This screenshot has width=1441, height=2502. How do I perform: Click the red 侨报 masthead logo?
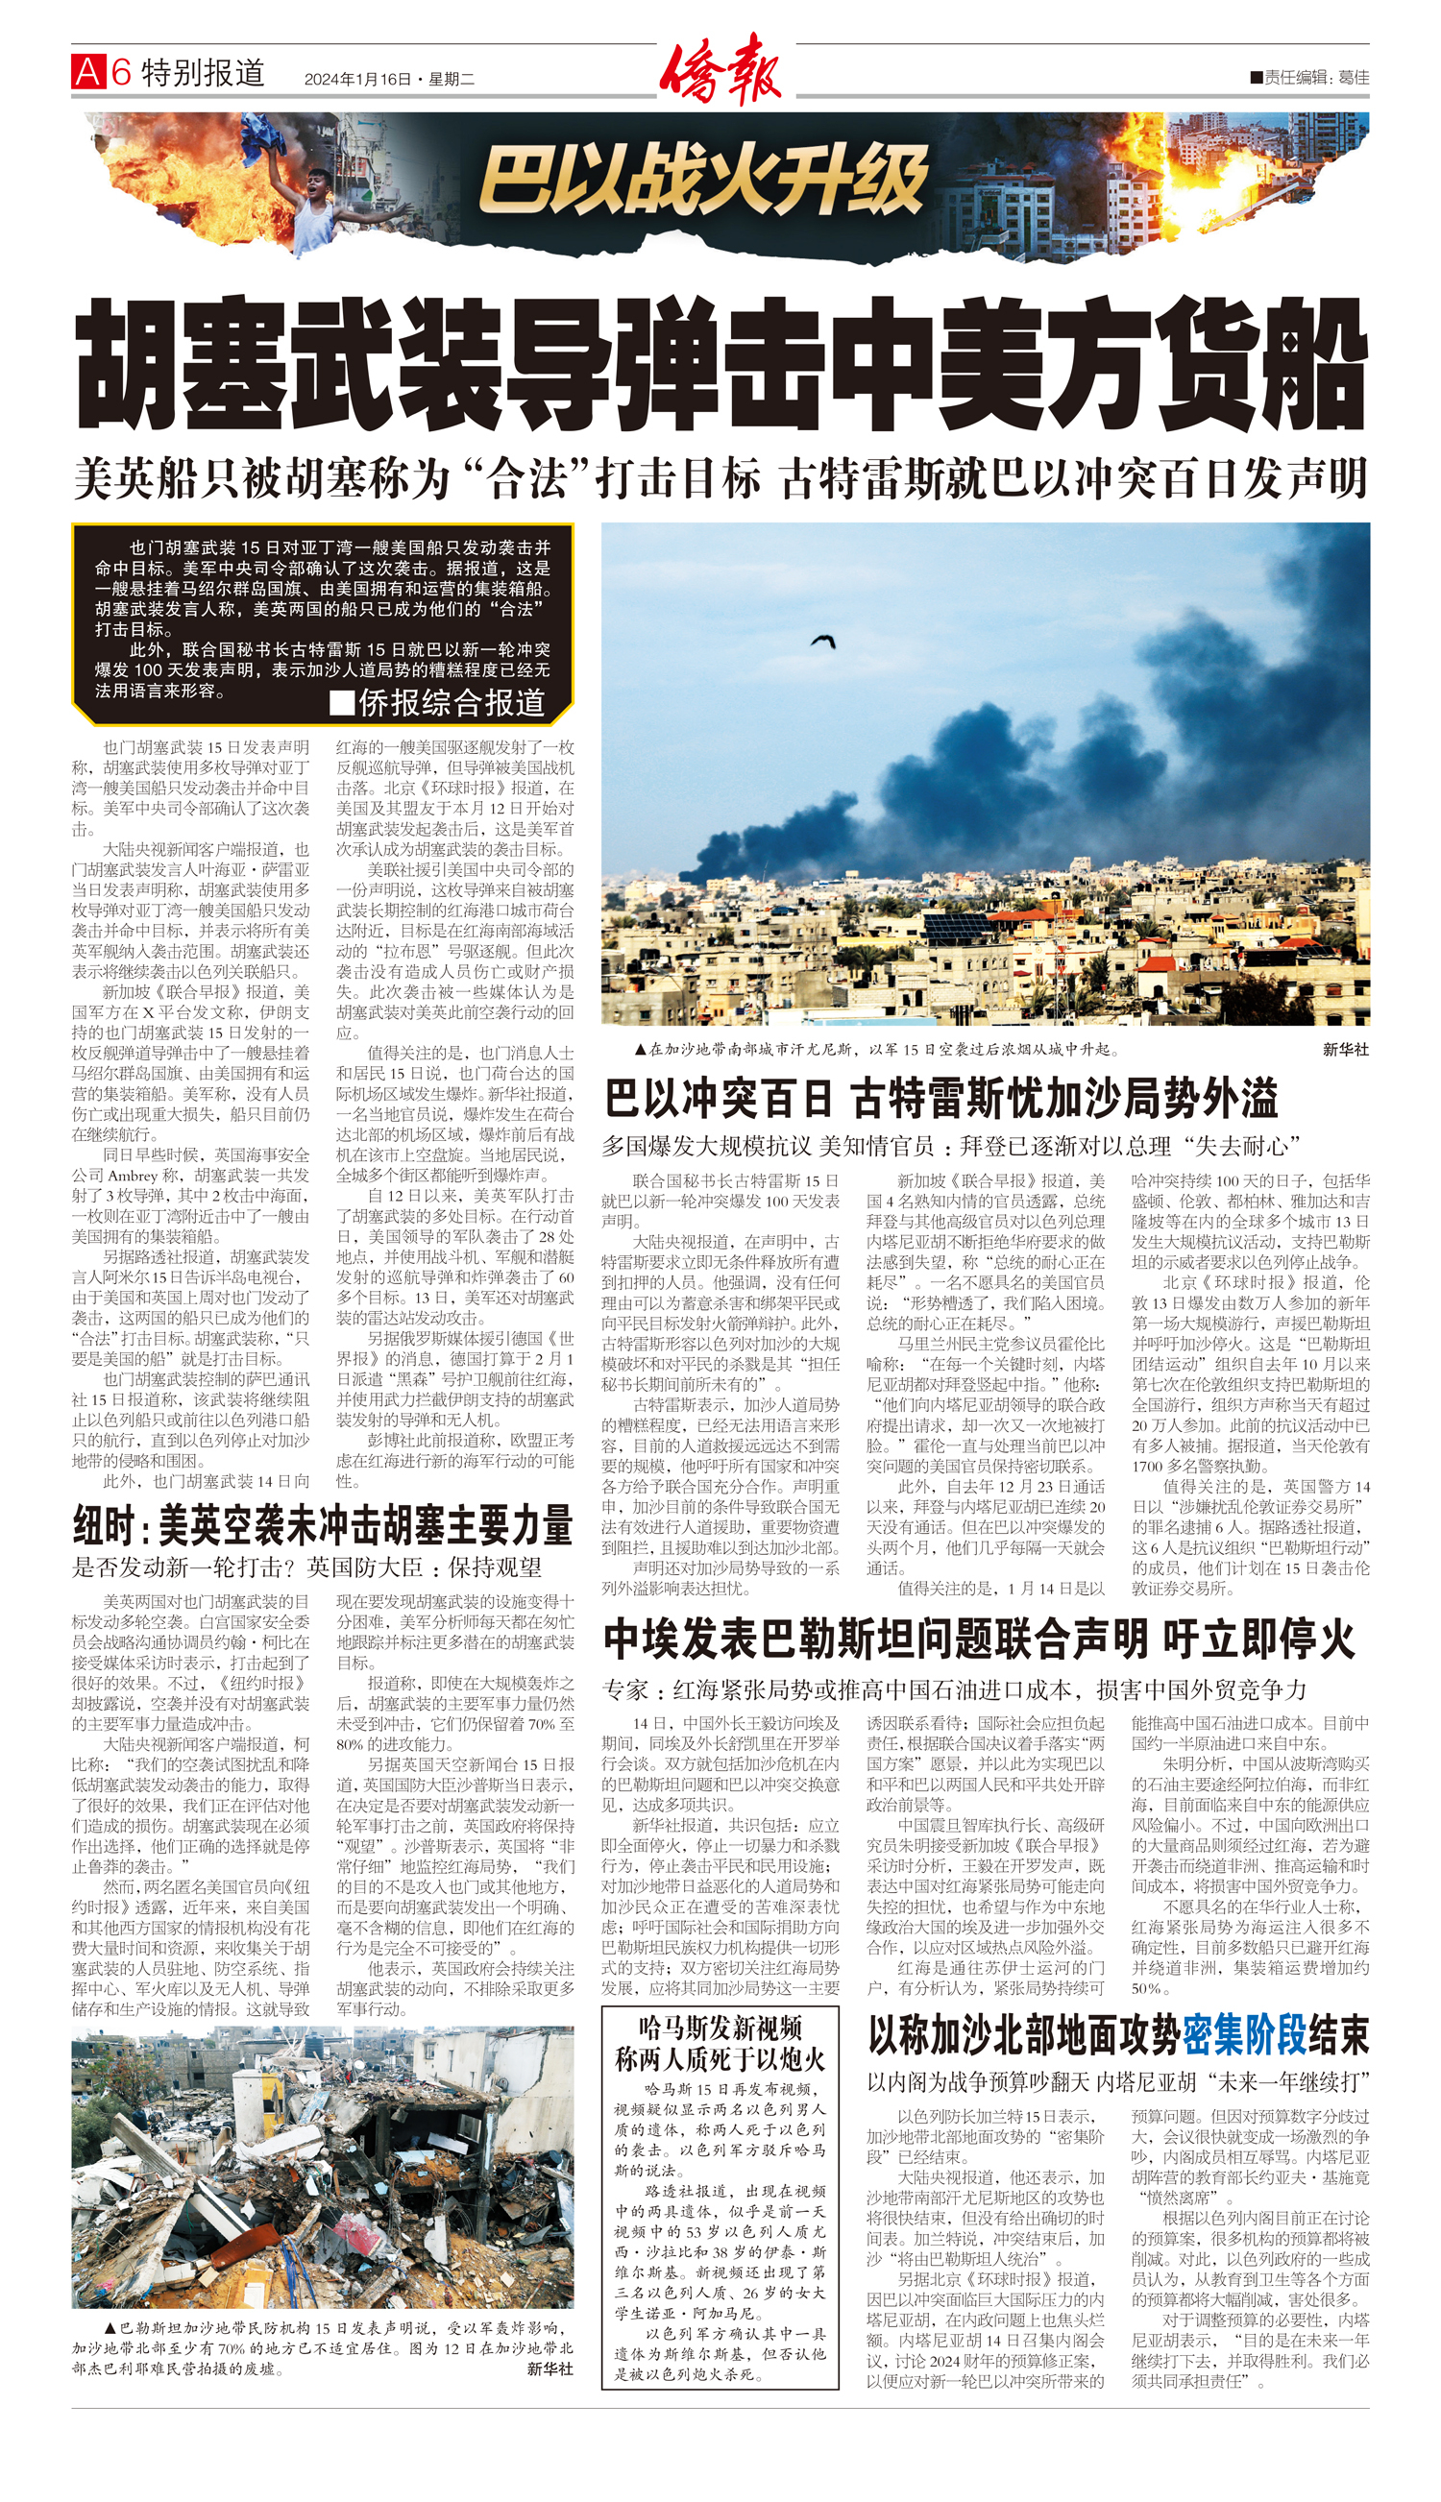coord(721,69)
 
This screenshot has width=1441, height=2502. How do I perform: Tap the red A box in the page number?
coord(88,72)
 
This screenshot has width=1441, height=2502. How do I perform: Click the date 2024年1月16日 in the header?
coord(357,79)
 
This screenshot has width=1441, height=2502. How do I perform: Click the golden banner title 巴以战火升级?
coord(703,181)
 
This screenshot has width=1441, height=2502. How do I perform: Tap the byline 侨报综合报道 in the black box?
coord(438,702)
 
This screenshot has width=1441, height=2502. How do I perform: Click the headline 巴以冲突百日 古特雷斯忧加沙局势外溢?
coord(941,1098)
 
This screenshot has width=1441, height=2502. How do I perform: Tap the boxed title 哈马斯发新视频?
coord(720,2028)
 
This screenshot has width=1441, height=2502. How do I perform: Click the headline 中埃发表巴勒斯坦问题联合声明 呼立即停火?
coord(979,1640)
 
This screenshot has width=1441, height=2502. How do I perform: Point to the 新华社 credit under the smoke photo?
coord(1345,1049)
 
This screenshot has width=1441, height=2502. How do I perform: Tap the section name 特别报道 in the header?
coord(203,72)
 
